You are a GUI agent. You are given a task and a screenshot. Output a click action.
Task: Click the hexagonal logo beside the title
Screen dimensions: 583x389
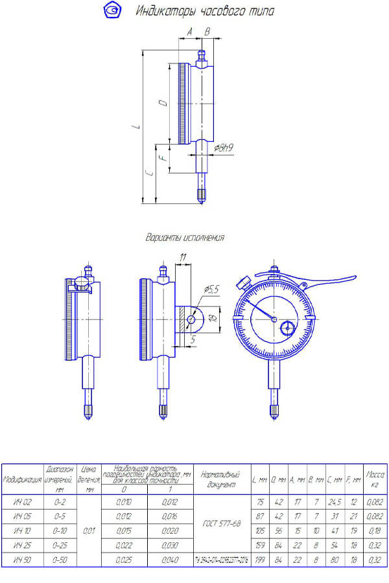pos(113,10)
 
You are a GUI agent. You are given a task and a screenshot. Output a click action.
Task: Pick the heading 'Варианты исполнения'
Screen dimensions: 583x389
pos(185,238)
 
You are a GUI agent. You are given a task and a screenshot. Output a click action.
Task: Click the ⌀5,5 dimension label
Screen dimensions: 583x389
pos(212,289)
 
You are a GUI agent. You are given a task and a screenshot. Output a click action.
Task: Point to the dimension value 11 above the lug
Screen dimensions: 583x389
pos(183,258)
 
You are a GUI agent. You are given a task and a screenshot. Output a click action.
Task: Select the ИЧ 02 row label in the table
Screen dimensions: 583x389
pos(22,501)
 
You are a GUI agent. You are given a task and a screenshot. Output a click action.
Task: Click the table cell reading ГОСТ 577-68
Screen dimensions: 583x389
pos(222,523)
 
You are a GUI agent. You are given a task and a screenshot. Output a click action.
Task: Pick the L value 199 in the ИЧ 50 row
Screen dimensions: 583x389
pos(260,559)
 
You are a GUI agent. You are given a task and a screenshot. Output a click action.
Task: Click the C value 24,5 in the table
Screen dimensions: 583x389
pos(335,501)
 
